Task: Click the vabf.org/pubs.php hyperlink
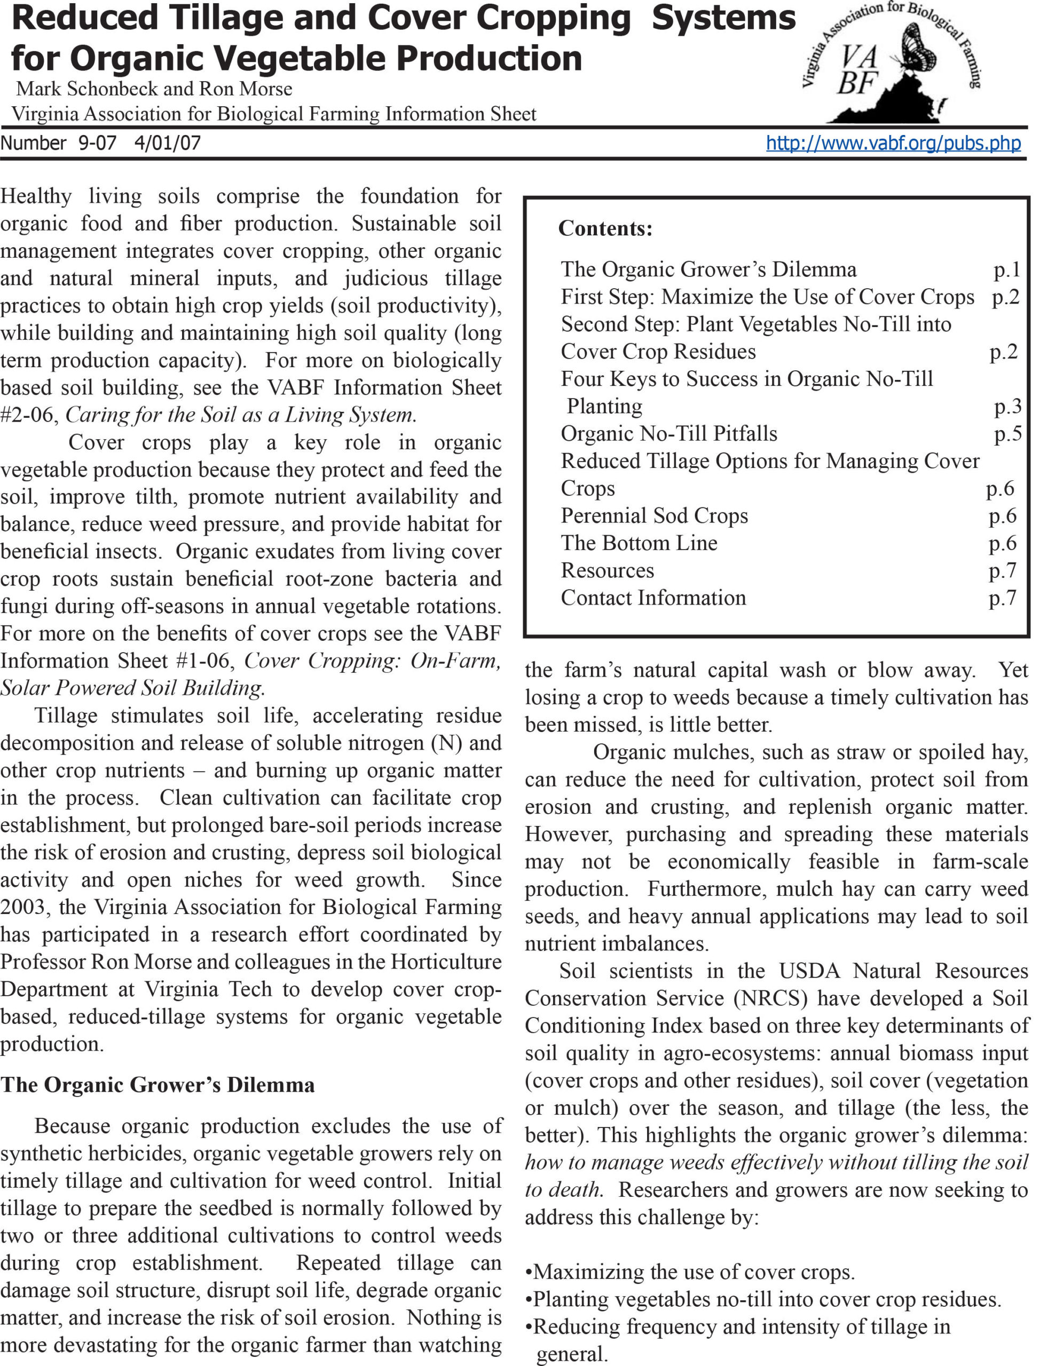(x=893, y=143)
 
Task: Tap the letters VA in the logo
(x=859, y=58)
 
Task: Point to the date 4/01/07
(x=167, y=143)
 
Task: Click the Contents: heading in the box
(x=605, y=229)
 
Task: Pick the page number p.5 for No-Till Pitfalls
(x=1007, y=434)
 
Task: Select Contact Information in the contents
(x=653, y=598)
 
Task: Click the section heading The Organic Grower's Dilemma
(x=157, y=1084)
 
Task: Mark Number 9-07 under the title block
(x=58, y=143)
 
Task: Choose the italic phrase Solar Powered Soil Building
(x=132, y=688)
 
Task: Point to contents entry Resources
(x=606, y=570)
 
